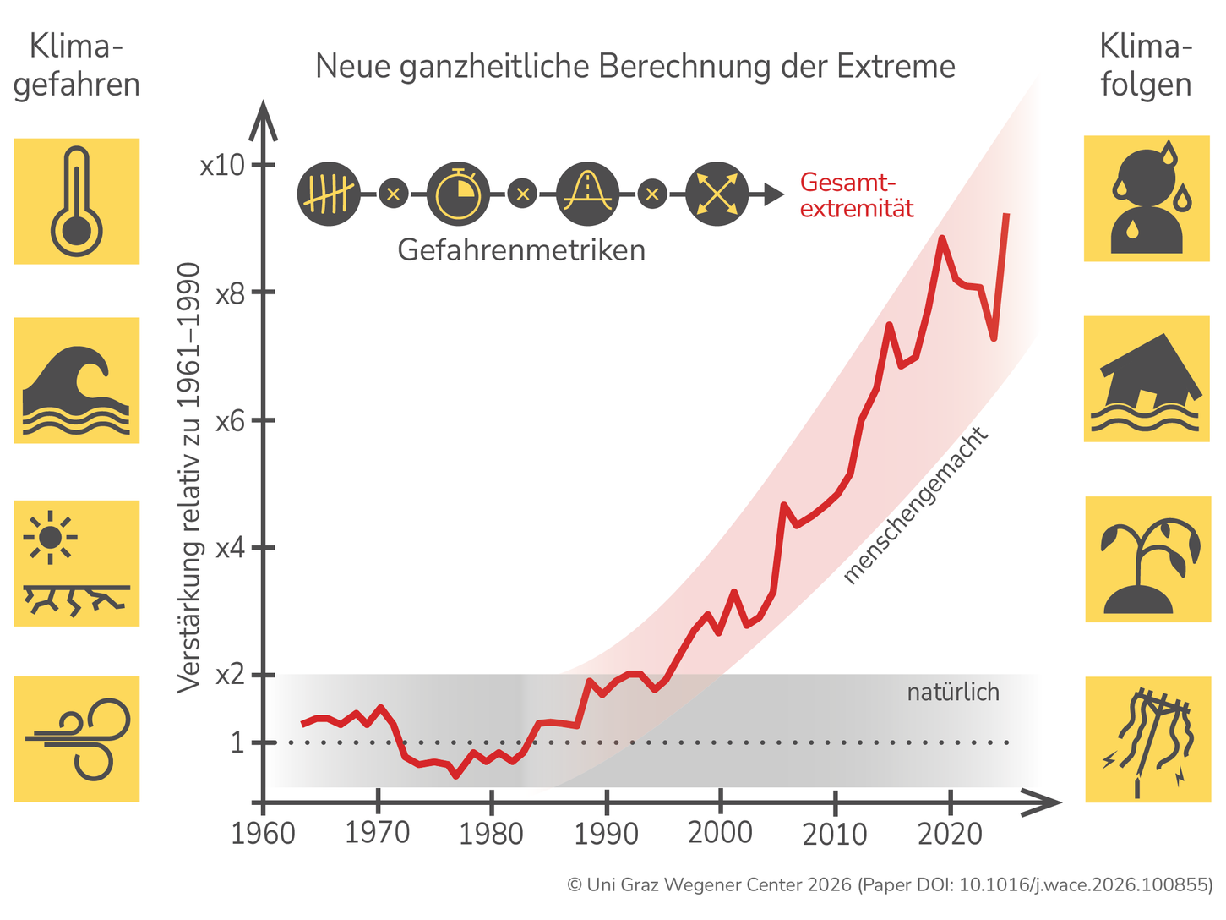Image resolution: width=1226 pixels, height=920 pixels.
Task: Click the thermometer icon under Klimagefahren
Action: click(76, 201)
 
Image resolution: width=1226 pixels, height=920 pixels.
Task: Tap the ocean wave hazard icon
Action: click(76, 381)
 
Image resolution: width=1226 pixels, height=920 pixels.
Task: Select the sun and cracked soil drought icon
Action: click(76, 563)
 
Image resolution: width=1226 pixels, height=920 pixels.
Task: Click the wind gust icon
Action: click(76, 739)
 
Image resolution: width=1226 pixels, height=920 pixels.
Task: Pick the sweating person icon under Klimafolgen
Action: click(1147, 199)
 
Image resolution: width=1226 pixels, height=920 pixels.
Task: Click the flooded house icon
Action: click(1147, 379)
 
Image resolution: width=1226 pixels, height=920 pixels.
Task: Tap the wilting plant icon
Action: click(1147, 560)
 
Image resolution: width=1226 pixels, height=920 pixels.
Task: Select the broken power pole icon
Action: click(1147, 739)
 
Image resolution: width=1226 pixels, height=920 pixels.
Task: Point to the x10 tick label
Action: click(222, 165)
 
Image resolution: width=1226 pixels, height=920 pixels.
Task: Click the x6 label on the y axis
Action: click(229, 421)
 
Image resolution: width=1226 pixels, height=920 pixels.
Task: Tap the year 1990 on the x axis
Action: click(606, 834)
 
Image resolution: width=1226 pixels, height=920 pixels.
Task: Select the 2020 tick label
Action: click(951, 834)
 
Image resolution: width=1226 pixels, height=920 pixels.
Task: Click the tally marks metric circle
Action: click(329, 194)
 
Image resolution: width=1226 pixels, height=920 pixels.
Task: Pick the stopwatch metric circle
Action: click(458, 194)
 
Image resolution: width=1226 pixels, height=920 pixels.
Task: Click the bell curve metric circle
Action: click(587, 194)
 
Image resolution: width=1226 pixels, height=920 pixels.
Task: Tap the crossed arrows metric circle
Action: click(717, 194)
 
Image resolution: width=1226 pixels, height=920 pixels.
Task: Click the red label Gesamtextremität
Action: click(856, 195)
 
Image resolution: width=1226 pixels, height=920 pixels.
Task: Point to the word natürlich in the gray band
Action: click(953, 693)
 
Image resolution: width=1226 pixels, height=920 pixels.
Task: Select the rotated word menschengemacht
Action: click(916, 506)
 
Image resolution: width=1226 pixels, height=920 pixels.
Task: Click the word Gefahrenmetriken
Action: click(521, 250)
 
